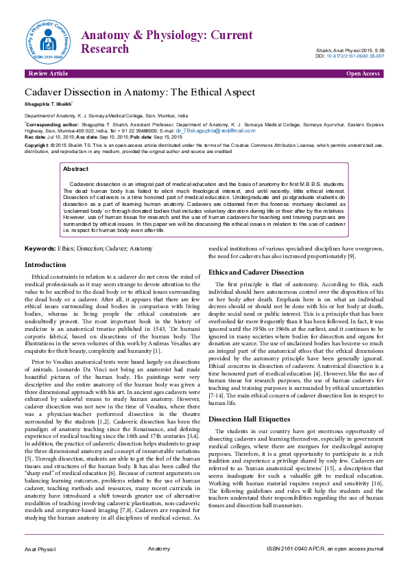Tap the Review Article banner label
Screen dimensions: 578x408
[47, 73]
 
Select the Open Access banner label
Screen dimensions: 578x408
[363, 73]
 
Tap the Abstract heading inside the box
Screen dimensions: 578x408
[75, 168]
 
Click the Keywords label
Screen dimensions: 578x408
[40, 248]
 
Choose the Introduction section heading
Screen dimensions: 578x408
[45, 264]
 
